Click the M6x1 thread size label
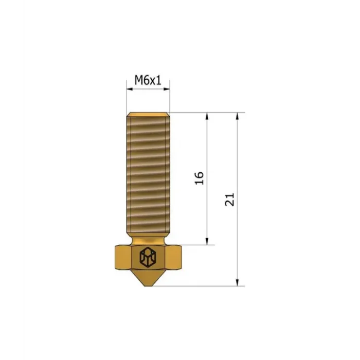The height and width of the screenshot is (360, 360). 148,80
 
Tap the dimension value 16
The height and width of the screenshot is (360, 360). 200,178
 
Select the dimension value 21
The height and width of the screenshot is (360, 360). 229,200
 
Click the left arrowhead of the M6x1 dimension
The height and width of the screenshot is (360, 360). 130,89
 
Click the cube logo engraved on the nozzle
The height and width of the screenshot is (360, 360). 148,257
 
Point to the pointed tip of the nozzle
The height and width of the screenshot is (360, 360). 148,284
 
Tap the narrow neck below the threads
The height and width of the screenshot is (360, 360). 148,241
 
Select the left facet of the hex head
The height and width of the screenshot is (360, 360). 121,257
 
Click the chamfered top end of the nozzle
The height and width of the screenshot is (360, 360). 148,115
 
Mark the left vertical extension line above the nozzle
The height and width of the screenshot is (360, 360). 127,100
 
